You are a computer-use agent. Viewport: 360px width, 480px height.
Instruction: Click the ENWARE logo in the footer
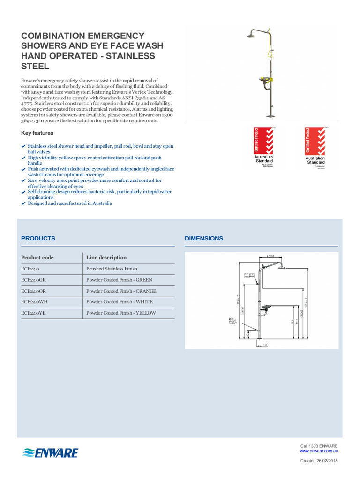(x=50, y=452)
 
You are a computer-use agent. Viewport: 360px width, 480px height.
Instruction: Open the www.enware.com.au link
(x=319, y=451)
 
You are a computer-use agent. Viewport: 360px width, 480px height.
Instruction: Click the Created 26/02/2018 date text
(x=319, y=461)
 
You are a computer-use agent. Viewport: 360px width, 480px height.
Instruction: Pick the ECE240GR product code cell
(x=34, y=280)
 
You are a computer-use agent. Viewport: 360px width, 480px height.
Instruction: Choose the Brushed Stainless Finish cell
(x=112, y=269)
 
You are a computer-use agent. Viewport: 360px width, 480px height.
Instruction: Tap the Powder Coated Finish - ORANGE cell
(x=121, y=291)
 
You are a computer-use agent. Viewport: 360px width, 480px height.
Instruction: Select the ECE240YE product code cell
(x=34, y=313)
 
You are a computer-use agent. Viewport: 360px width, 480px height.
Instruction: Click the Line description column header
(x=106, y=257)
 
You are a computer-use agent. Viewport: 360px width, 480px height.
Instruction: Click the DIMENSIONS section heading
(x=204, y=238)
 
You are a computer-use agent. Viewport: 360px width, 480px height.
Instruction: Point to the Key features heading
(x=37, y=133)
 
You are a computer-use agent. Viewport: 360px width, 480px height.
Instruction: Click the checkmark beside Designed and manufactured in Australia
(x=23, y=203)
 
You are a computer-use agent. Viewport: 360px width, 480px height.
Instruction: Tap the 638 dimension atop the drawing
(x=270, y=256)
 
